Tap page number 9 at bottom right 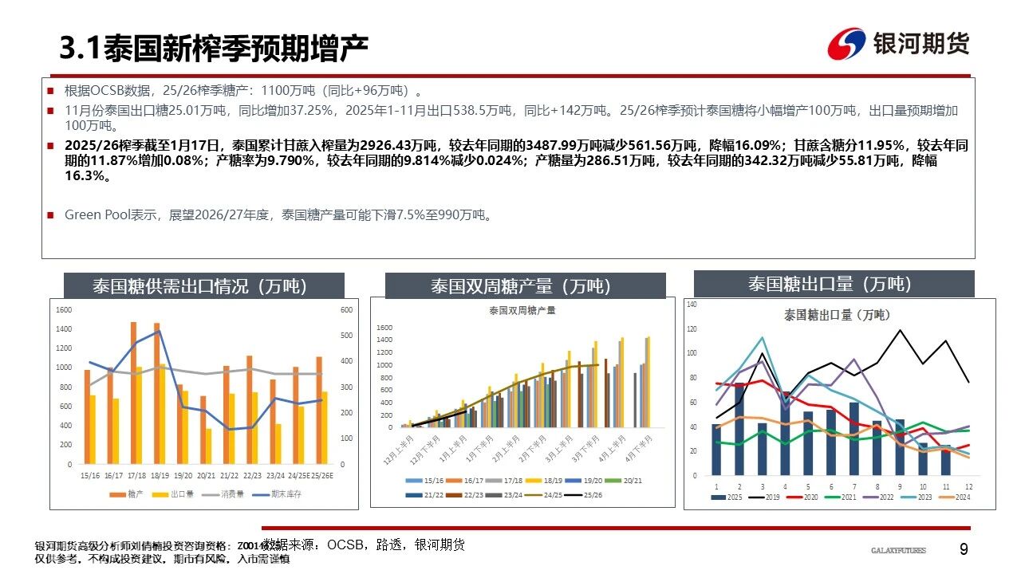(964, 549)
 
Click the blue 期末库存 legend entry (286, 494)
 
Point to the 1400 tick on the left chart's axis (64, 328)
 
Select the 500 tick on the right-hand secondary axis (346, 336)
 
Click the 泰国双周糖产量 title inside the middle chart (522, 310)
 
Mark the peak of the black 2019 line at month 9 (900, 330)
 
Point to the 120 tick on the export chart (691, 328)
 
